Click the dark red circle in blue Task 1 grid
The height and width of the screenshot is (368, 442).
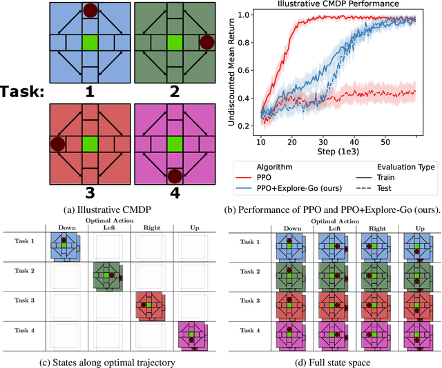pyautogui.click(x=90, y=10)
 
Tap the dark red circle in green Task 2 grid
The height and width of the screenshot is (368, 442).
pyautogui.click(x=206, y=43)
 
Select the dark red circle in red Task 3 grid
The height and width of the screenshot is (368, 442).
pyautogui.click(x=58, y=145)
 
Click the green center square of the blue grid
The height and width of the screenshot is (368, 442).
pyautogui.click(x=90, y=43)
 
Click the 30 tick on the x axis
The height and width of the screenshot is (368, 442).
pyautogui.click(x=322, y=141)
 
